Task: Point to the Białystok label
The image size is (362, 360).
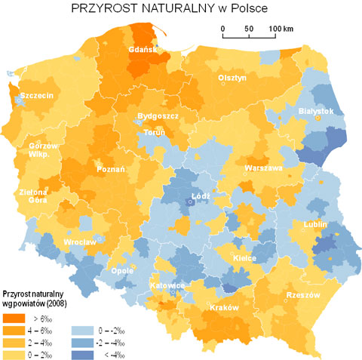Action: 316,110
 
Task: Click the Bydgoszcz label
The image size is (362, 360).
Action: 157,117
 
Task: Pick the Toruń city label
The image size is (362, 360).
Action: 154,134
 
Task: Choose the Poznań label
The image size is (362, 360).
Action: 111,170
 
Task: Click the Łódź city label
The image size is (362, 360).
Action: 200,195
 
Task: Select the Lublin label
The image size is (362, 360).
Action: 314,224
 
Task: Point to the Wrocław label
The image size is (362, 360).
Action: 80,242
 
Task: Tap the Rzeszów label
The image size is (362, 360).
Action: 303,294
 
